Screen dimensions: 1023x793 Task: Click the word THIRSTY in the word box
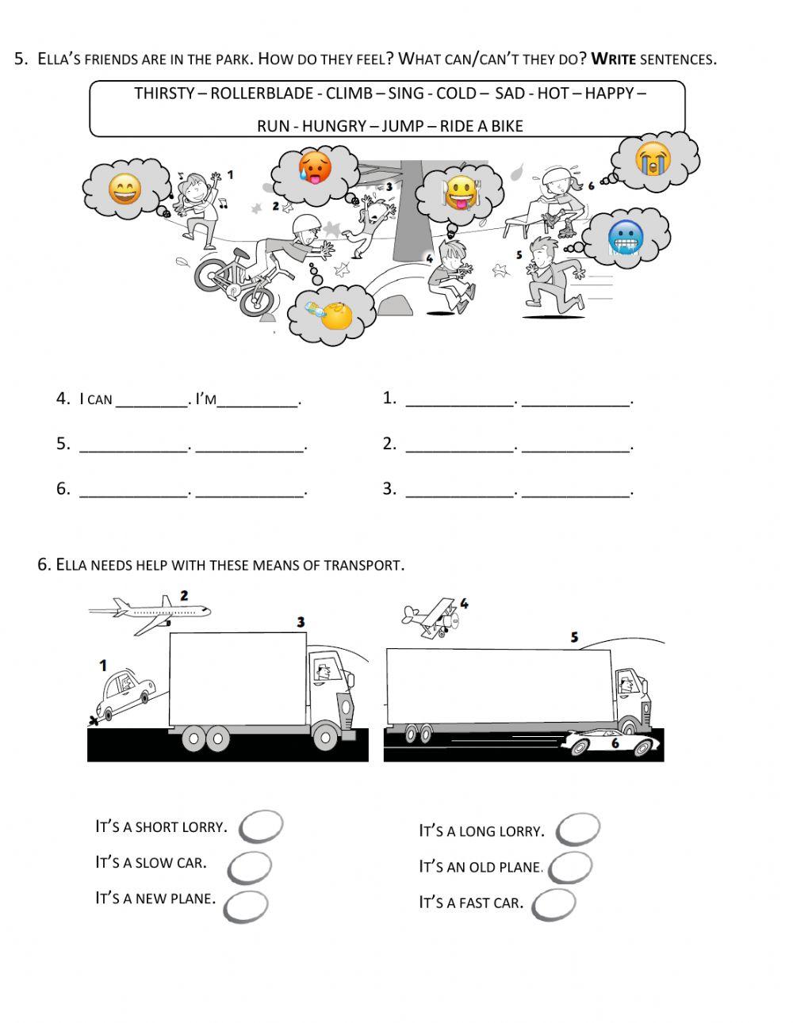click(164, 94)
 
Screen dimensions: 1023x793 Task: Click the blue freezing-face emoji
click(625, 237)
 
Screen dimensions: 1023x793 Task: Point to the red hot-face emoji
click(315, 168)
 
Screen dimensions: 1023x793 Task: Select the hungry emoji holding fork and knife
click(461, 193)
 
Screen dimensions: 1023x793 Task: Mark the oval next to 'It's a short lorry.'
click(261, 826)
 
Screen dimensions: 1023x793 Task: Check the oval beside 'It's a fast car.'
click(554, 904)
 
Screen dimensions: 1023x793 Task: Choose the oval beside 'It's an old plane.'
click(569, 867)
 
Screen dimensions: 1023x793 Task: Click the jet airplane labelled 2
click(151, 613)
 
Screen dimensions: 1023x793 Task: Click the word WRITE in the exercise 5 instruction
click(614, 59)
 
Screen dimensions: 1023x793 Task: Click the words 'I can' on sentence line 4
click(96, 399)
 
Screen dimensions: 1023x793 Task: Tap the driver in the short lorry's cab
click(324, 672)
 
